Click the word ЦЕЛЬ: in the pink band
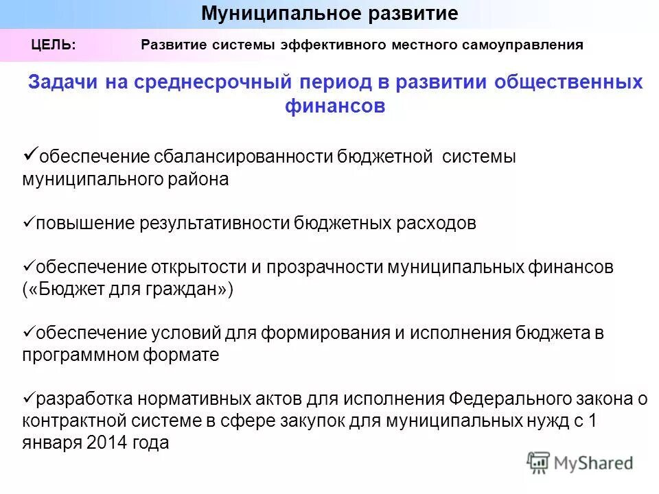54,45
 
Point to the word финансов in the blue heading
335,106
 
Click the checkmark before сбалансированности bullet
30,153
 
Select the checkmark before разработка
28,397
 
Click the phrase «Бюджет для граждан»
128,290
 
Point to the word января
52,443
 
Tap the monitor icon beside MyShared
538,462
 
